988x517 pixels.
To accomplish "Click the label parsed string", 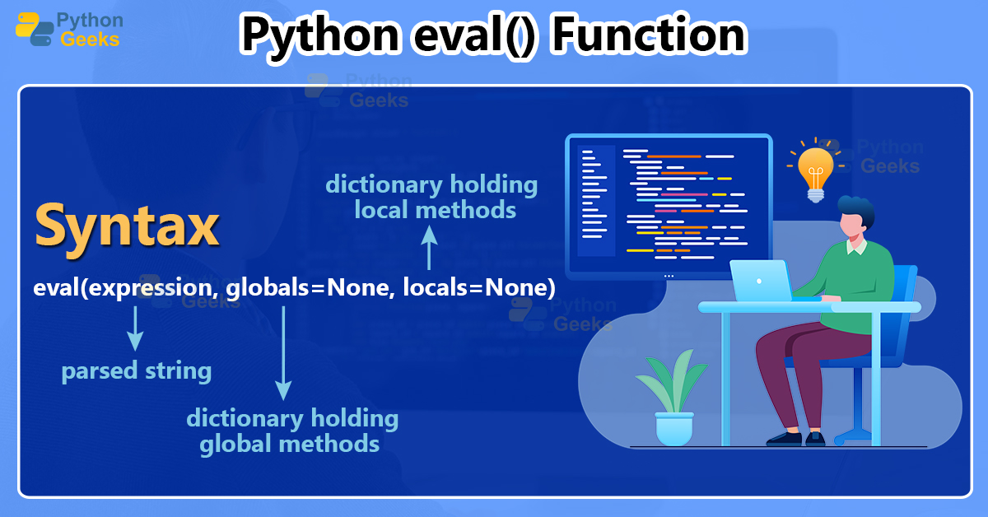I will pos(137,371).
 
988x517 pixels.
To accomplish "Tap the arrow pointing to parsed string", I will pos(135,328).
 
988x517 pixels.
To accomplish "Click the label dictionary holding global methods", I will pos(291,431).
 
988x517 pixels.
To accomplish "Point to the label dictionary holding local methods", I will pos(432,197).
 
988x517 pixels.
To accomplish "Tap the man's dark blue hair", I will pos(856,209).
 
